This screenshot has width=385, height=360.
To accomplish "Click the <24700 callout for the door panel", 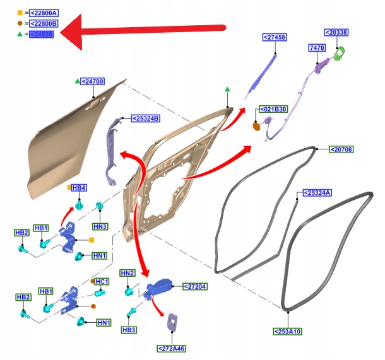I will (x=93, y=81).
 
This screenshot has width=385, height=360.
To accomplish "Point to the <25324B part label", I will (x=145, y=118).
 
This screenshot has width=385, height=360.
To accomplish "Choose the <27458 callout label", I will (x=275, y=38).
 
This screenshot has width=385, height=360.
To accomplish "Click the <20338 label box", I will (x=340, y=32).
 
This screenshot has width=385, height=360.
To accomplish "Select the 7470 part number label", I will (x=316, y=48).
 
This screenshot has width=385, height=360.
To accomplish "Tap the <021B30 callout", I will (x=273, y=109).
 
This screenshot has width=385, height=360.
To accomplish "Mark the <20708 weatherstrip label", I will (x=341, y=149).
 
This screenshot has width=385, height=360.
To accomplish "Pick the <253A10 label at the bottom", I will (x=287, y=331).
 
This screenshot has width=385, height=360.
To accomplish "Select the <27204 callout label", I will (x=195, y=286).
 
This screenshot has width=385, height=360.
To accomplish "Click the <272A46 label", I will (x=171, y=348).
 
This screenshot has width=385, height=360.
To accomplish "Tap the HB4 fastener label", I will (x=79, y=188).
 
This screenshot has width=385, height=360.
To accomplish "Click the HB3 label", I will (x=129, y=329).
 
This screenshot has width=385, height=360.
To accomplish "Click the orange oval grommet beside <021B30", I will (x=256, y=127).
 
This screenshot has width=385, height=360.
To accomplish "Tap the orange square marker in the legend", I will (x=20, y=13).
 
